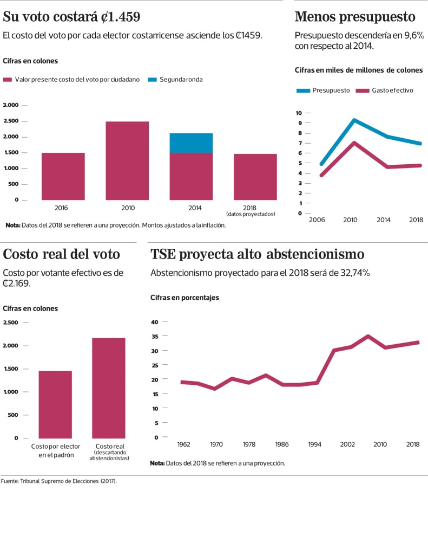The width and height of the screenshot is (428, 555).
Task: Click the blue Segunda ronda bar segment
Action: (x=191, y=143)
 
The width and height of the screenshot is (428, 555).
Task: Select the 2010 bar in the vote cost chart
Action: (x=127, y=160)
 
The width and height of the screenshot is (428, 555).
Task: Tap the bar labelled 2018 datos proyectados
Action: (x=255, y=177)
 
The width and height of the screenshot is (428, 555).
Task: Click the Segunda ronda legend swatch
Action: (x=152, y=80)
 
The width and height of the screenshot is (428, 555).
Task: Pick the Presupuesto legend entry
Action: (x=324, y=91)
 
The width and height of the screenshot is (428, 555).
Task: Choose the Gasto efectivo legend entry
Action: (x=385, y=91)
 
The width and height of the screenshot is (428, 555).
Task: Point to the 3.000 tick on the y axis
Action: (x=11, y=105)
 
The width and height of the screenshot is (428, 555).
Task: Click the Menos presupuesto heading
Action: (x=355, y=17)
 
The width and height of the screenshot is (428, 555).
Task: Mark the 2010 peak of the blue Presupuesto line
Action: (x=354, y=120)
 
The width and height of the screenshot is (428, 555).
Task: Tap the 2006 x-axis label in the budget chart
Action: (x=317, y=220)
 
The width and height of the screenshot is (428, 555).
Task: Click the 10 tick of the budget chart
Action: (x=299, y=113)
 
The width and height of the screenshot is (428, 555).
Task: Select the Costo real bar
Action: (x=109, y=388)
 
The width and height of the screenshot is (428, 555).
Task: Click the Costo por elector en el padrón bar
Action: (x=55, y=404)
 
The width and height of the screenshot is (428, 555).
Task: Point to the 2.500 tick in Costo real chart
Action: (x=11, y=322)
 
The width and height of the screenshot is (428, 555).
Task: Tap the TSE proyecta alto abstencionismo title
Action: (x=257, y=254)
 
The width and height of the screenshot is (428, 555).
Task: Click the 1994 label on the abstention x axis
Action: (x=315, y=444)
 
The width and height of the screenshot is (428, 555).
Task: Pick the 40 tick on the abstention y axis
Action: (x=154, y=322)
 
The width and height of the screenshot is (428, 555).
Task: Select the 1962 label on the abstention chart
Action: (x=184, y=444)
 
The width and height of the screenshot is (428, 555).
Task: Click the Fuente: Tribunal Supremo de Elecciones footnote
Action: (x=59, y=481)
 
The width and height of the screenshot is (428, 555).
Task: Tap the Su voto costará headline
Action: (x=72, y=17)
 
